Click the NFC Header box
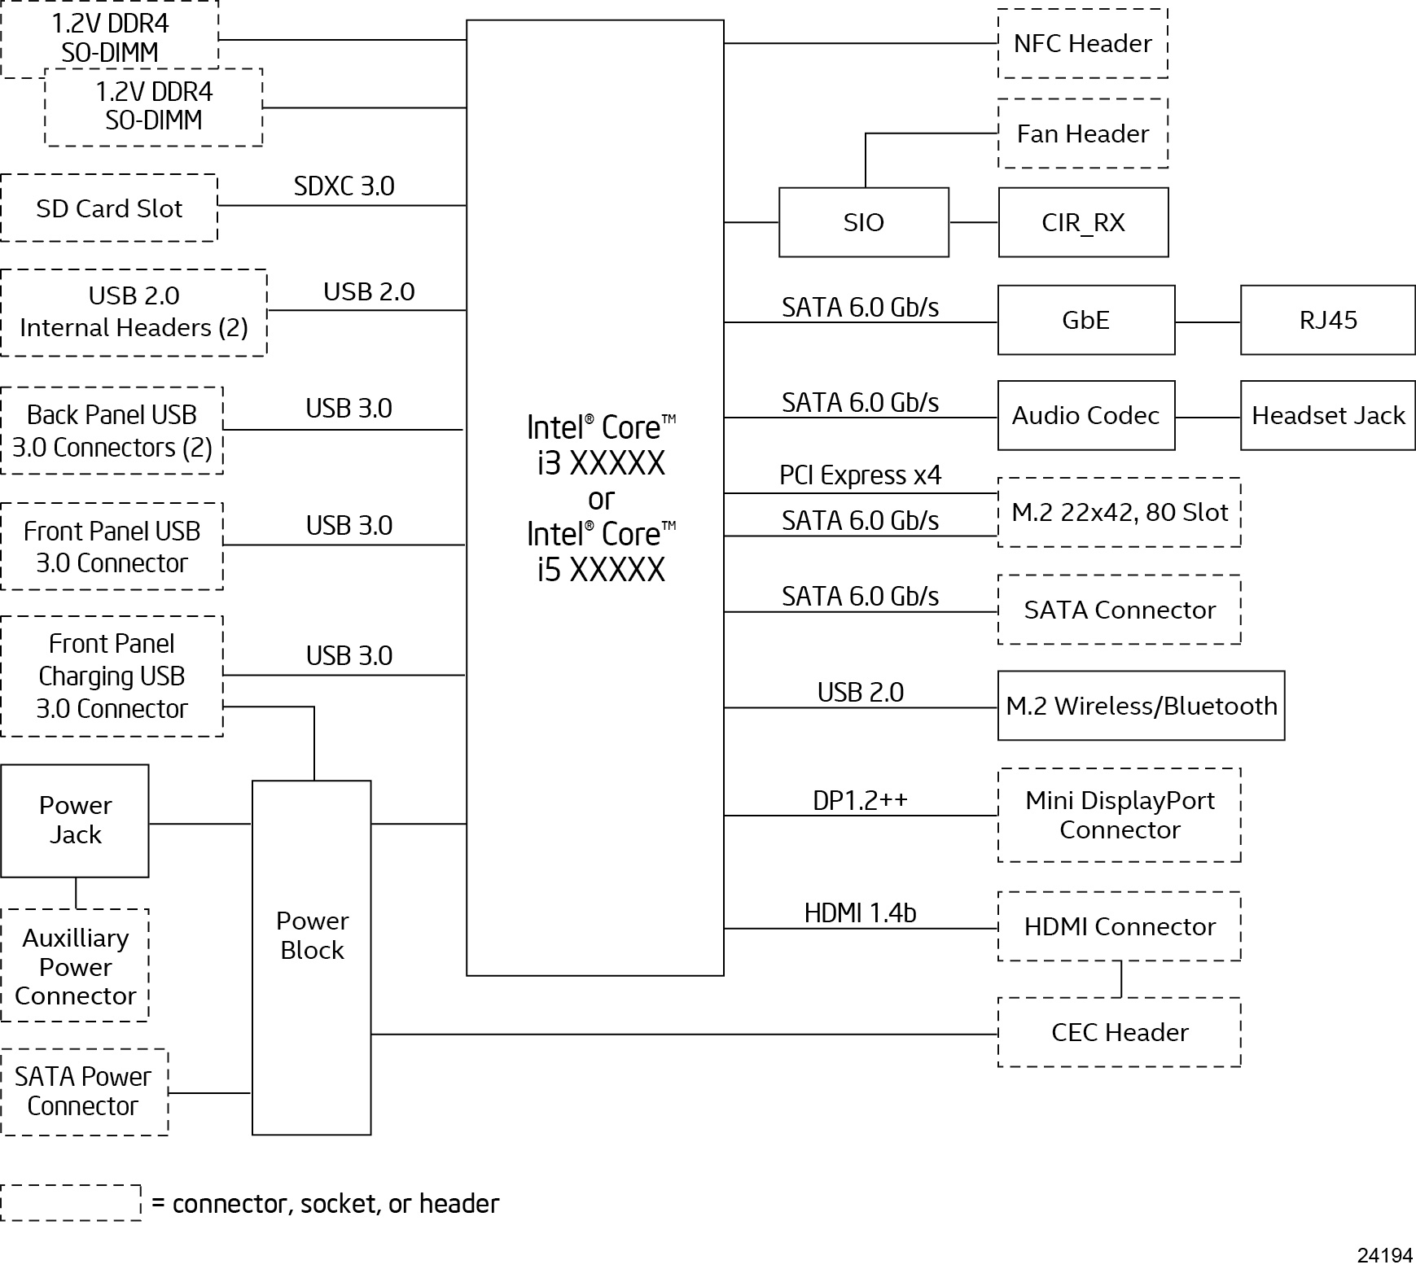pos(1082,43)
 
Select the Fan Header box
pos(1082,133)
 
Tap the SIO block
pos(863,222)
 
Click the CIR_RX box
pos(1083,222)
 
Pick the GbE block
pos(1085,320)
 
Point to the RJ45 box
pos(1327,320)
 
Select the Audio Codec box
pos(1085,415)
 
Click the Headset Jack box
pos(1327,415)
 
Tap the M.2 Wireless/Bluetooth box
pos(1141,706)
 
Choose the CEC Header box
pos(1119,1032)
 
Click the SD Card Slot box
pos(109,208)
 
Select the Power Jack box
pos(75,820)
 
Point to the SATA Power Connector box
pos(84,1092)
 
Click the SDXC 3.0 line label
pos(344,186)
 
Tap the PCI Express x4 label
pos(860,475)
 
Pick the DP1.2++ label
pos(860,800)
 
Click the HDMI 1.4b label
pos(860,912)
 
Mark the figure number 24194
pos(1384,1255)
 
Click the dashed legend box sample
pos(71,1202)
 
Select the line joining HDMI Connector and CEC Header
pos(1121,979)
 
